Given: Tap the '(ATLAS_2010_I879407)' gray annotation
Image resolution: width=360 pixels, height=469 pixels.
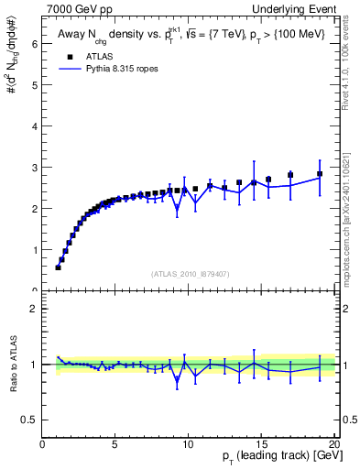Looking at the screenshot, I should (189, 273).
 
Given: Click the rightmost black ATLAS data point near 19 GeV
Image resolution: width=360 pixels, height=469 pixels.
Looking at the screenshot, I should (320, 174).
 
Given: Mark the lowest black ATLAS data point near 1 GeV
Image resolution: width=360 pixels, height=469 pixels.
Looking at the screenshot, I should (58, 267).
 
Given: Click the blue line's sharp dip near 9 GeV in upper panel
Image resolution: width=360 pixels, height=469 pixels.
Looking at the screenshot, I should (177, 208).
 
